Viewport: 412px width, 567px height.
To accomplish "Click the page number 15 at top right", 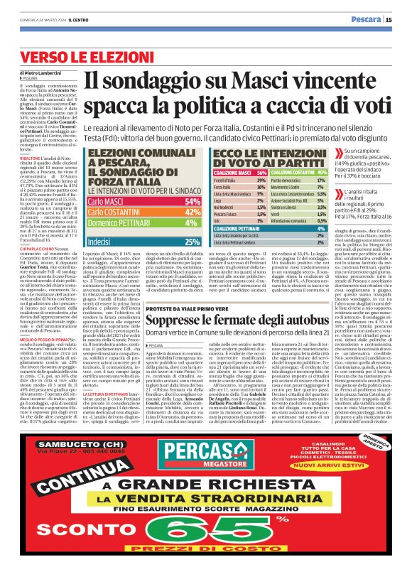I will click(x=399, y=19).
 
